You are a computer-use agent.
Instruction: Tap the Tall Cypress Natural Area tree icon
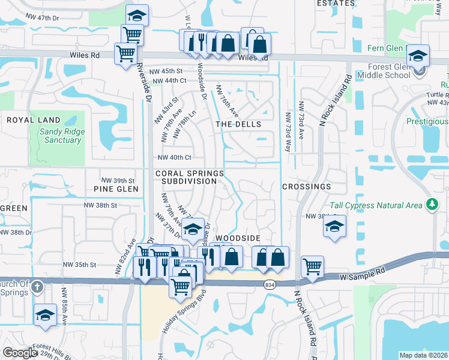click(431, 205)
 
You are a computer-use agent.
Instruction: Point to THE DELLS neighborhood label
click(238, 124)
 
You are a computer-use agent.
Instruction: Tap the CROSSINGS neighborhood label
click(306, 187)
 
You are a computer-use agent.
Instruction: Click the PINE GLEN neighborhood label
click(116, 188)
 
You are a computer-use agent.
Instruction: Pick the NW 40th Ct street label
click(174, 158)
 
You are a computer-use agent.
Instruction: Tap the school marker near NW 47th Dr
click(137, 15)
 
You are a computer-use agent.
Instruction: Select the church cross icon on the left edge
click(37, 287)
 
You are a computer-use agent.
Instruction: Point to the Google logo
click(19, 353)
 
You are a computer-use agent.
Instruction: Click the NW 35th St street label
click(77, 265)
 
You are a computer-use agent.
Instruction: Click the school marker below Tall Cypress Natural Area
click(334, 226)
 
